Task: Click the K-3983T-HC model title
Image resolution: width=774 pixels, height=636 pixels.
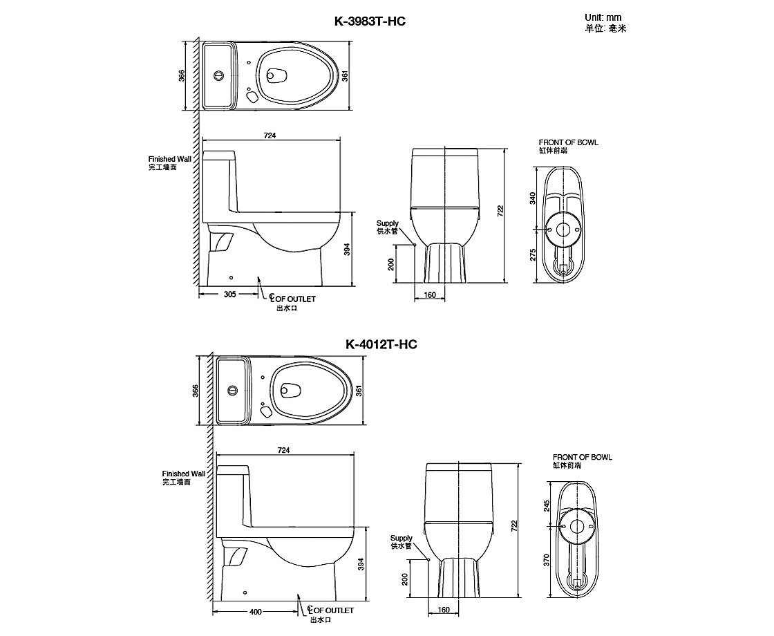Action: tap(369, 21)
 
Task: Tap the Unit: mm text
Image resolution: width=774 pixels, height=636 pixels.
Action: tap(603, 17)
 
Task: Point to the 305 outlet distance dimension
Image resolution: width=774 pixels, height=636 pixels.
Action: tap(230, 294)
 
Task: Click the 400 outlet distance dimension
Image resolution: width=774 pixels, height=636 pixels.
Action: tap(255, 611)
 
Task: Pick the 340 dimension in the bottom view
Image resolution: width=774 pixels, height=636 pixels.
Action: tap(533, 198)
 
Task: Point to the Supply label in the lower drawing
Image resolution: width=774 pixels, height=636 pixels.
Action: tap(401, 538)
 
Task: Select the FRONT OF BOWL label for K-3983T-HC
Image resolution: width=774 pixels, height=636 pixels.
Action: tap(569, 142)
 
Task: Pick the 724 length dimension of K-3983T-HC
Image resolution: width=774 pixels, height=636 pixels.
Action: tap(270, 136)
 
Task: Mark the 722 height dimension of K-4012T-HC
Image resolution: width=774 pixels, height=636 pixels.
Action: tap(514, 526)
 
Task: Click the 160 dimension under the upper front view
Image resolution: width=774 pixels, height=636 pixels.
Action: tap(429, 296)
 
